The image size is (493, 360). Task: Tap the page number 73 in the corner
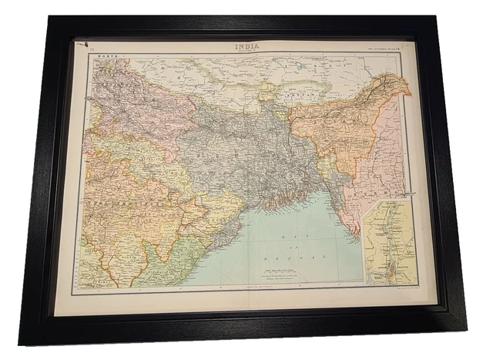[92, 49]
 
